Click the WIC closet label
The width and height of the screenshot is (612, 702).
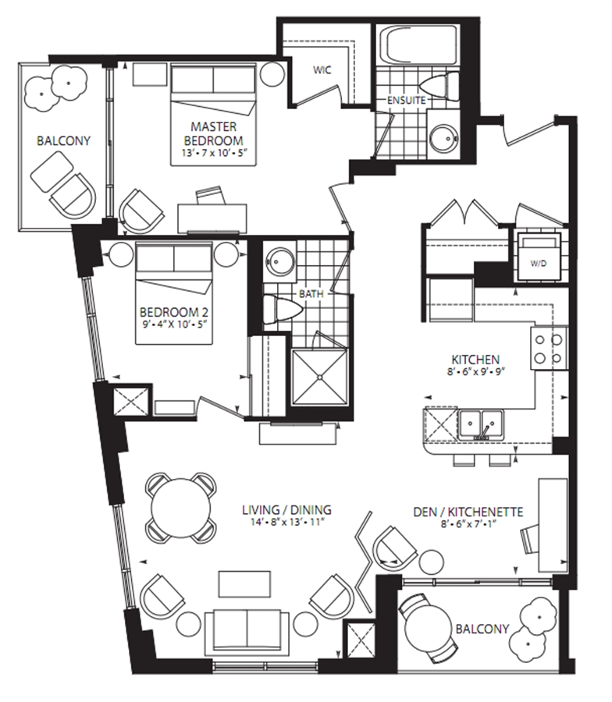(x=322, y=70)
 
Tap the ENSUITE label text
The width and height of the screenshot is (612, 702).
(x=407, y=101)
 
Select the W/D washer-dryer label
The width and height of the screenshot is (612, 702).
(x=539, y=264)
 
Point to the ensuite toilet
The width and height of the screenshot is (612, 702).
(x=440, y=86)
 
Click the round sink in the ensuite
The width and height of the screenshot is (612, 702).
(x=443, y=137)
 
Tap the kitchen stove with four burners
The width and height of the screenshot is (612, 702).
(x=549, y=349)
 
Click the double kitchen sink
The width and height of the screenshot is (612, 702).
(x=481, y=424)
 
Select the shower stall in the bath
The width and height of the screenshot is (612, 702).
(x=319, y=378)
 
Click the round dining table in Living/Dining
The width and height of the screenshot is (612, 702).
(x=181, y=508)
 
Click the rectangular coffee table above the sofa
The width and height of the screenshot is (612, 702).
(x=244, y=584)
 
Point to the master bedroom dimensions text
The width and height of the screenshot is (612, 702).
(x=215, y=153)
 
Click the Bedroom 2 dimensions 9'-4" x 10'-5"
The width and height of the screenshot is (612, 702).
(x=174, y=324)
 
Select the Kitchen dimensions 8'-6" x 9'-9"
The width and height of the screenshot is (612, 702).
(x=475, y=370)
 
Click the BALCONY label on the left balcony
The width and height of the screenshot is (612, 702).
(x=63, y=141)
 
